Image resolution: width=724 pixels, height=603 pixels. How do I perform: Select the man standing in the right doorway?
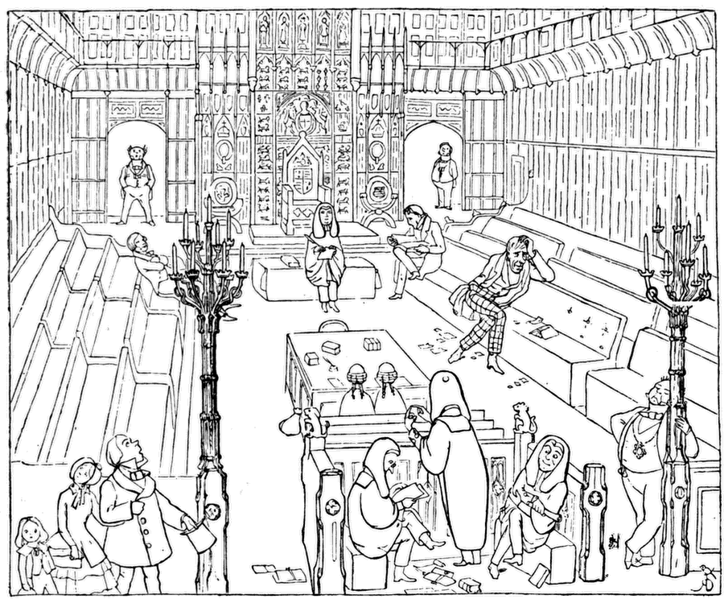[x=443, y=174]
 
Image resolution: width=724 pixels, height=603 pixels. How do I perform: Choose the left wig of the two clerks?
[x=356, y=375]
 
